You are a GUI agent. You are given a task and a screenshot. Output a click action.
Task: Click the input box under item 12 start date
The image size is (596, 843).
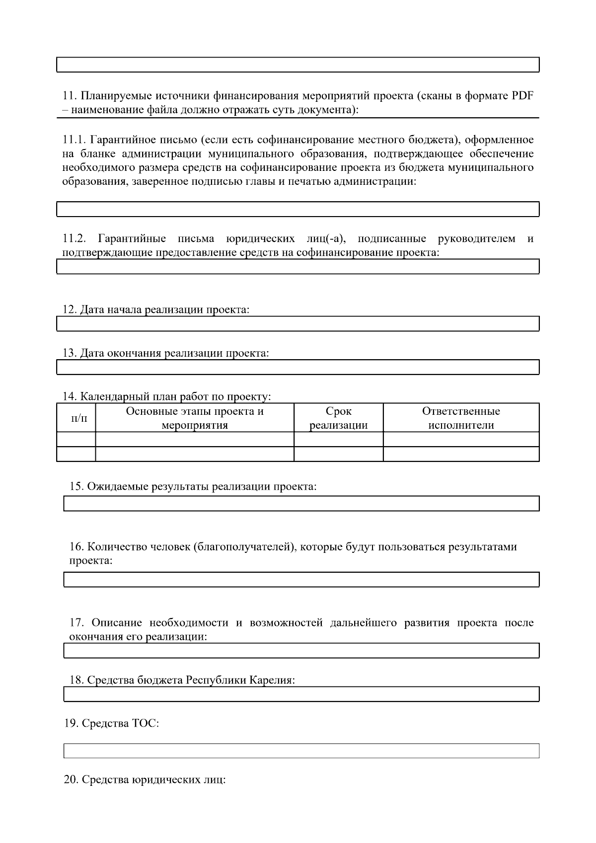tap(298, 324)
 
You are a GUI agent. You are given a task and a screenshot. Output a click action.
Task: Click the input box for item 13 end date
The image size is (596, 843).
tap(298, 367)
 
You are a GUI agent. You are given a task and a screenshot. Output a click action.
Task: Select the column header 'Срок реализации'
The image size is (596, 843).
tap(338, 418)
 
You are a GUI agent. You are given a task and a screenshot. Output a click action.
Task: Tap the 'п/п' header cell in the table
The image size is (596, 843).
tap(76, 418)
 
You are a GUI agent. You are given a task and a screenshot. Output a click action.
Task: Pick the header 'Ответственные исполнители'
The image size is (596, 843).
tap(461, 418)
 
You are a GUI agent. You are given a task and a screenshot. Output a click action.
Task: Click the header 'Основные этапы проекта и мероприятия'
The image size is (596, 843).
tap(194, 418)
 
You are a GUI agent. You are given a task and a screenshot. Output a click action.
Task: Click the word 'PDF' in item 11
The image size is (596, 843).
tap(522, 96)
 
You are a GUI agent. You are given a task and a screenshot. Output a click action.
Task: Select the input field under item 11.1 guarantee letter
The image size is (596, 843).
tap(298, 209)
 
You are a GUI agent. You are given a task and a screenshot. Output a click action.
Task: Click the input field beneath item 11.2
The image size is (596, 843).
tap(298, 267)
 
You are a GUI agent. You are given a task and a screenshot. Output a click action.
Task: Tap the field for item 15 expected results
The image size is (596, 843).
tap(301, 503)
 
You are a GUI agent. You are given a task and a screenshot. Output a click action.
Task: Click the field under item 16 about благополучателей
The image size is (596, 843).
tap(301, 580)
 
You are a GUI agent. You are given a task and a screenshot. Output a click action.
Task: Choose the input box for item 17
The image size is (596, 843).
tap(301, 651)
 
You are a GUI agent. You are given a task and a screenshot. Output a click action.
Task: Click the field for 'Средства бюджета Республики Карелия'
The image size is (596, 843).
tap(301, 694)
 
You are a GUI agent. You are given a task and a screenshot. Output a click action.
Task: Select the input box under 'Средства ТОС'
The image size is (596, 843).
tap(301, 751)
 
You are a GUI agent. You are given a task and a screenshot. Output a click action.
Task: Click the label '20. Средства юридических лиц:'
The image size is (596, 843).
tap(145, 780)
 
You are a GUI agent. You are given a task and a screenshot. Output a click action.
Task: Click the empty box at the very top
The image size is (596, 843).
tap(298, 65)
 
